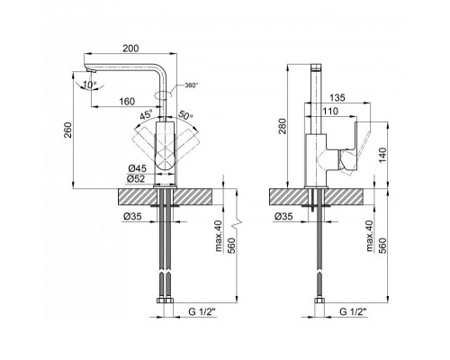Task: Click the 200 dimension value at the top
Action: (130, 49)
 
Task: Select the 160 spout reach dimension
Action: (127, 102)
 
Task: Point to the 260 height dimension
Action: (68, 130)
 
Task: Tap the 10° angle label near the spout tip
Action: (90, 85)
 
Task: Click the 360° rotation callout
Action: (192, 85)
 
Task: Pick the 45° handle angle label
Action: (147, 115)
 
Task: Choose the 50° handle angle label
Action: (186, 115)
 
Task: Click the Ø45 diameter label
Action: (137, 169)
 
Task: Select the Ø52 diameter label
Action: (137, 179)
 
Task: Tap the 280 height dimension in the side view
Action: (283, 126)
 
